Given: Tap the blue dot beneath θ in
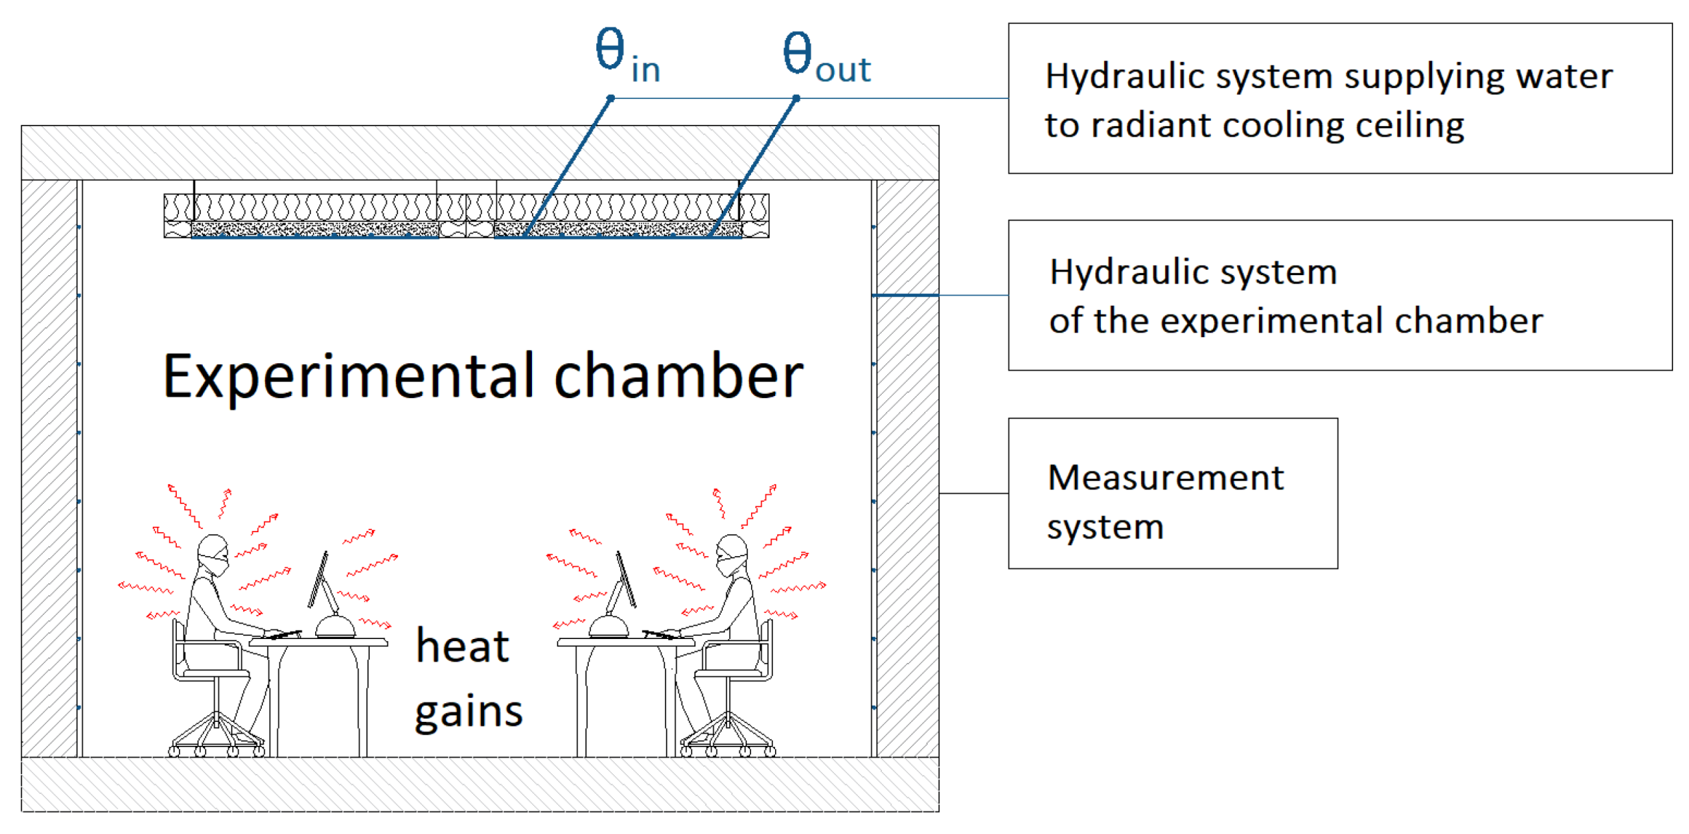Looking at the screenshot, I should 610,99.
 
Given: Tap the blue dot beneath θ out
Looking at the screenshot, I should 796,99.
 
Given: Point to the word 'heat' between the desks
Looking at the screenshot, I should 462,646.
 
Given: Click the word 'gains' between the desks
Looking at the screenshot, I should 468,711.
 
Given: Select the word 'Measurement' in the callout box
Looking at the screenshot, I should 1165,478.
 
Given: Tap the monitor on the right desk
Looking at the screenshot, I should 625,580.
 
